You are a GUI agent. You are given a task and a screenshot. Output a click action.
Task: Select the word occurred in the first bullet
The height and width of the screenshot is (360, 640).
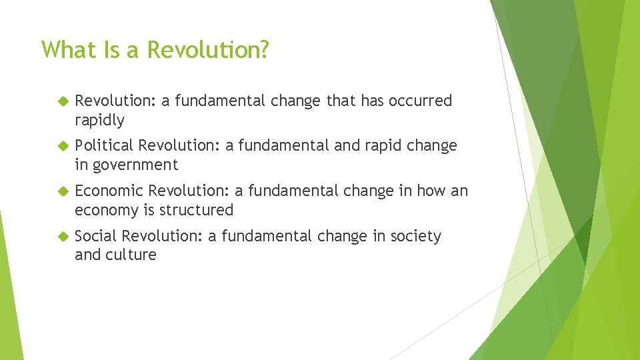(420, 101)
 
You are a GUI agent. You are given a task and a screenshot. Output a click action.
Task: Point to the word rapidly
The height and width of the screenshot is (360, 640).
(99, 120)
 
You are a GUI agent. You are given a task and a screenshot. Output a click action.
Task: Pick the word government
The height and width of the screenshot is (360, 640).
(136, 165)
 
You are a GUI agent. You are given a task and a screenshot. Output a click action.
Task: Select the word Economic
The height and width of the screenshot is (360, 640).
(109, 191)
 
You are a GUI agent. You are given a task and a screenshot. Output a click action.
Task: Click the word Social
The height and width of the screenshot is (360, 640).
(96, 236)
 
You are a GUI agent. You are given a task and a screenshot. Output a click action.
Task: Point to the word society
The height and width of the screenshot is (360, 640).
(416, 236)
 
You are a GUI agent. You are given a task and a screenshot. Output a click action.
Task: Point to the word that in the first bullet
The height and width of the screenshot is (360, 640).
(341, 101)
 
